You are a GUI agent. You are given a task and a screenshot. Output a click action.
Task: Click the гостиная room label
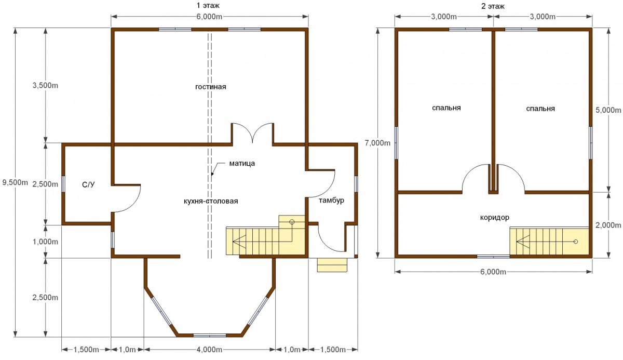[x=211, y=87]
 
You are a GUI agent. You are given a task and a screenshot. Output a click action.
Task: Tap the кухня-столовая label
[x=211, y=201]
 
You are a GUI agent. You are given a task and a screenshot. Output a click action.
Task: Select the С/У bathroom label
[x=88, y=184]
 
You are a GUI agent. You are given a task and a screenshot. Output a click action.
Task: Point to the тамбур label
[x=331, y=201]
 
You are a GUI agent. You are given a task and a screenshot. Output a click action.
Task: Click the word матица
[x=242, y=163]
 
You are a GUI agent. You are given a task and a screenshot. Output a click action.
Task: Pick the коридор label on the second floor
[x=494, y=217]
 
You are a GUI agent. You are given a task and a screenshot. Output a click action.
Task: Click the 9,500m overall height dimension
[x=15, y=182]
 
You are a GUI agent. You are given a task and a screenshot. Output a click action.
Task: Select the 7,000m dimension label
[x=377, y=143]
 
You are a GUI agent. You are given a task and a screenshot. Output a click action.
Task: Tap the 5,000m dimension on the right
[x=608, y=110]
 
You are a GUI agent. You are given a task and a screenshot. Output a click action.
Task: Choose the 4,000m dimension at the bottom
[x=209, y=350]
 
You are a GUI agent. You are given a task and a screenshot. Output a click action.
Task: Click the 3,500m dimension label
[x=45, y=85]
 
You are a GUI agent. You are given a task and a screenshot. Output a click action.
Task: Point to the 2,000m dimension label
[x=608, y=225]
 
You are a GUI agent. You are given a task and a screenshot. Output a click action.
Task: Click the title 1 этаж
[x=208, y=5]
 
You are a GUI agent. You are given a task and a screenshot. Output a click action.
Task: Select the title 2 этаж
[x=493, y=6]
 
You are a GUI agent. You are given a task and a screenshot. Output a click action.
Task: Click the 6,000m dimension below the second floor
[x=493, y=272]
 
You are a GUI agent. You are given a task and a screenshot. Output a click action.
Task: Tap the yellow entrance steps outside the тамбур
[x=332, y=265]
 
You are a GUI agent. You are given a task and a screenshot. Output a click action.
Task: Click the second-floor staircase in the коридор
[x=549, y=242]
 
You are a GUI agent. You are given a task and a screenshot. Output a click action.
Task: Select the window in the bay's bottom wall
[x=210, y=336]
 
